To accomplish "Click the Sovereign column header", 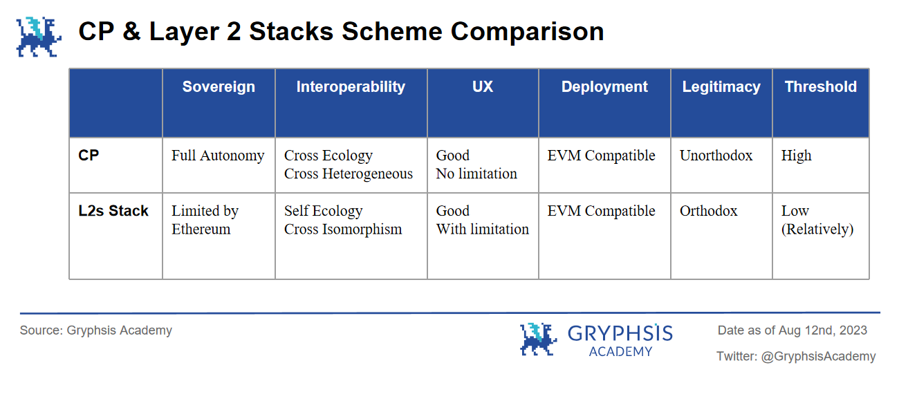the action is click(219, 86).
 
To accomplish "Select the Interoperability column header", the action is click(351, 86).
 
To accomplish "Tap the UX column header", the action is click(483, 86).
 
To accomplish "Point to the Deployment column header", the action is click(604, 86).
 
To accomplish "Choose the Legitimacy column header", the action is click(721, 86).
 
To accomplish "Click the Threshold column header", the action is click(821, 86).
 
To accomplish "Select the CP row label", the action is click(89, 156).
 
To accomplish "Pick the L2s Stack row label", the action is click(113, 211).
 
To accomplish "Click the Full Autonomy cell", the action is click(218, 156).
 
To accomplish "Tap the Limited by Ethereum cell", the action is click(205, 220).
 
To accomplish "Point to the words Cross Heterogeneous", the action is click(349, 174).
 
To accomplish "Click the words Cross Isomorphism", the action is click(343, 230).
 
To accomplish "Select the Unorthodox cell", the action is click(716, 156).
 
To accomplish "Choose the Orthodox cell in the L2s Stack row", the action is click(708, 211).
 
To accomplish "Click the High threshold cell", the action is click(796, 156).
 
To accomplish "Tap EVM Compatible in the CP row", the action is click(601, 156).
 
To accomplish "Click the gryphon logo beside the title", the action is click(39, 37).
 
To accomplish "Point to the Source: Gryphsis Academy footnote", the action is click(96, 330).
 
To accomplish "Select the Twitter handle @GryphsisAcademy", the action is click(818, 357).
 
